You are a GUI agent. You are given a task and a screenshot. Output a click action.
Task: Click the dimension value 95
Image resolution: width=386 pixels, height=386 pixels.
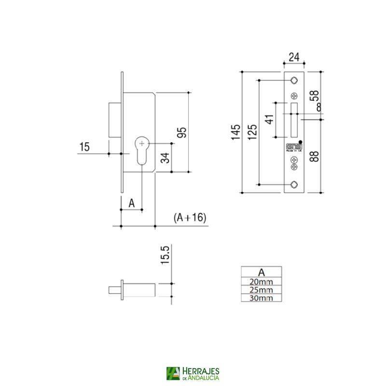click(182, 132)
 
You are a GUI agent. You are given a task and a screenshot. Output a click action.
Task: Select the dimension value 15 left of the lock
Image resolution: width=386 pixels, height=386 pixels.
click(84, 147)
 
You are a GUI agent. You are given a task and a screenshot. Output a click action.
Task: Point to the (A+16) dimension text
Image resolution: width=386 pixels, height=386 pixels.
click(190, 218)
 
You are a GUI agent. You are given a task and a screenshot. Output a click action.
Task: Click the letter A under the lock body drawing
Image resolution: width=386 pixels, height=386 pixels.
click(131, 203)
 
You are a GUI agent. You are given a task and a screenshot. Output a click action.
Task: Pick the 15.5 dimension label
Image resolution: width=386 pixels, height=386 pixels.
click(165, 256)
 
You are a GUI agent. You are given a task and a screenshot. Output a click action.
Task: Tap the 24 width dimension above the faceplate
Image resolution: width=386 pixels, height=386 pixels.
click(294, 57)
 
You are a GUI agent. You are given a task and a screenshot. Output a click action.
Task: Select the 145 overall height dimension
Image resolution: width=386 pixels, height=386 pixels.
click(235, 132)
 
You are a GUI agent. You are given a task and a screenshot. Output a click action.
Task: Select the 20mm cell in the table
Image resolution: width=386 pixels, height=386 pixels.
click(261, 281)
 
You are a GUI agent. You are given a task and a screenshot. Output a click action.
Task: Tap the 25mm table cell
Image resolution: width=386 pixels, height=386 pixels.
click(261, 289)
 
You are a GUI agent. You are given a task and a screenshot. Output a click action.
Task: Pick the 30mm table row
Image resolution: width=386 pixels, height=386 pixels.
click(261, 298)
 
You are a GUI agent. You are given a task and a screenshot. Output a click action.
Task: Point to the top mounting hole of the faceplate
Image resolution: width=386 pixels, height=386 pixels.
click(294, 80)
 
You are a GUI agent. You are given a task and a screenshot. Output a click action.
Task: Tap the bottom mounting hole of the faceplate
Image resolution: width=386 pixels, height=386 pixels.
click(294, 184)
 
